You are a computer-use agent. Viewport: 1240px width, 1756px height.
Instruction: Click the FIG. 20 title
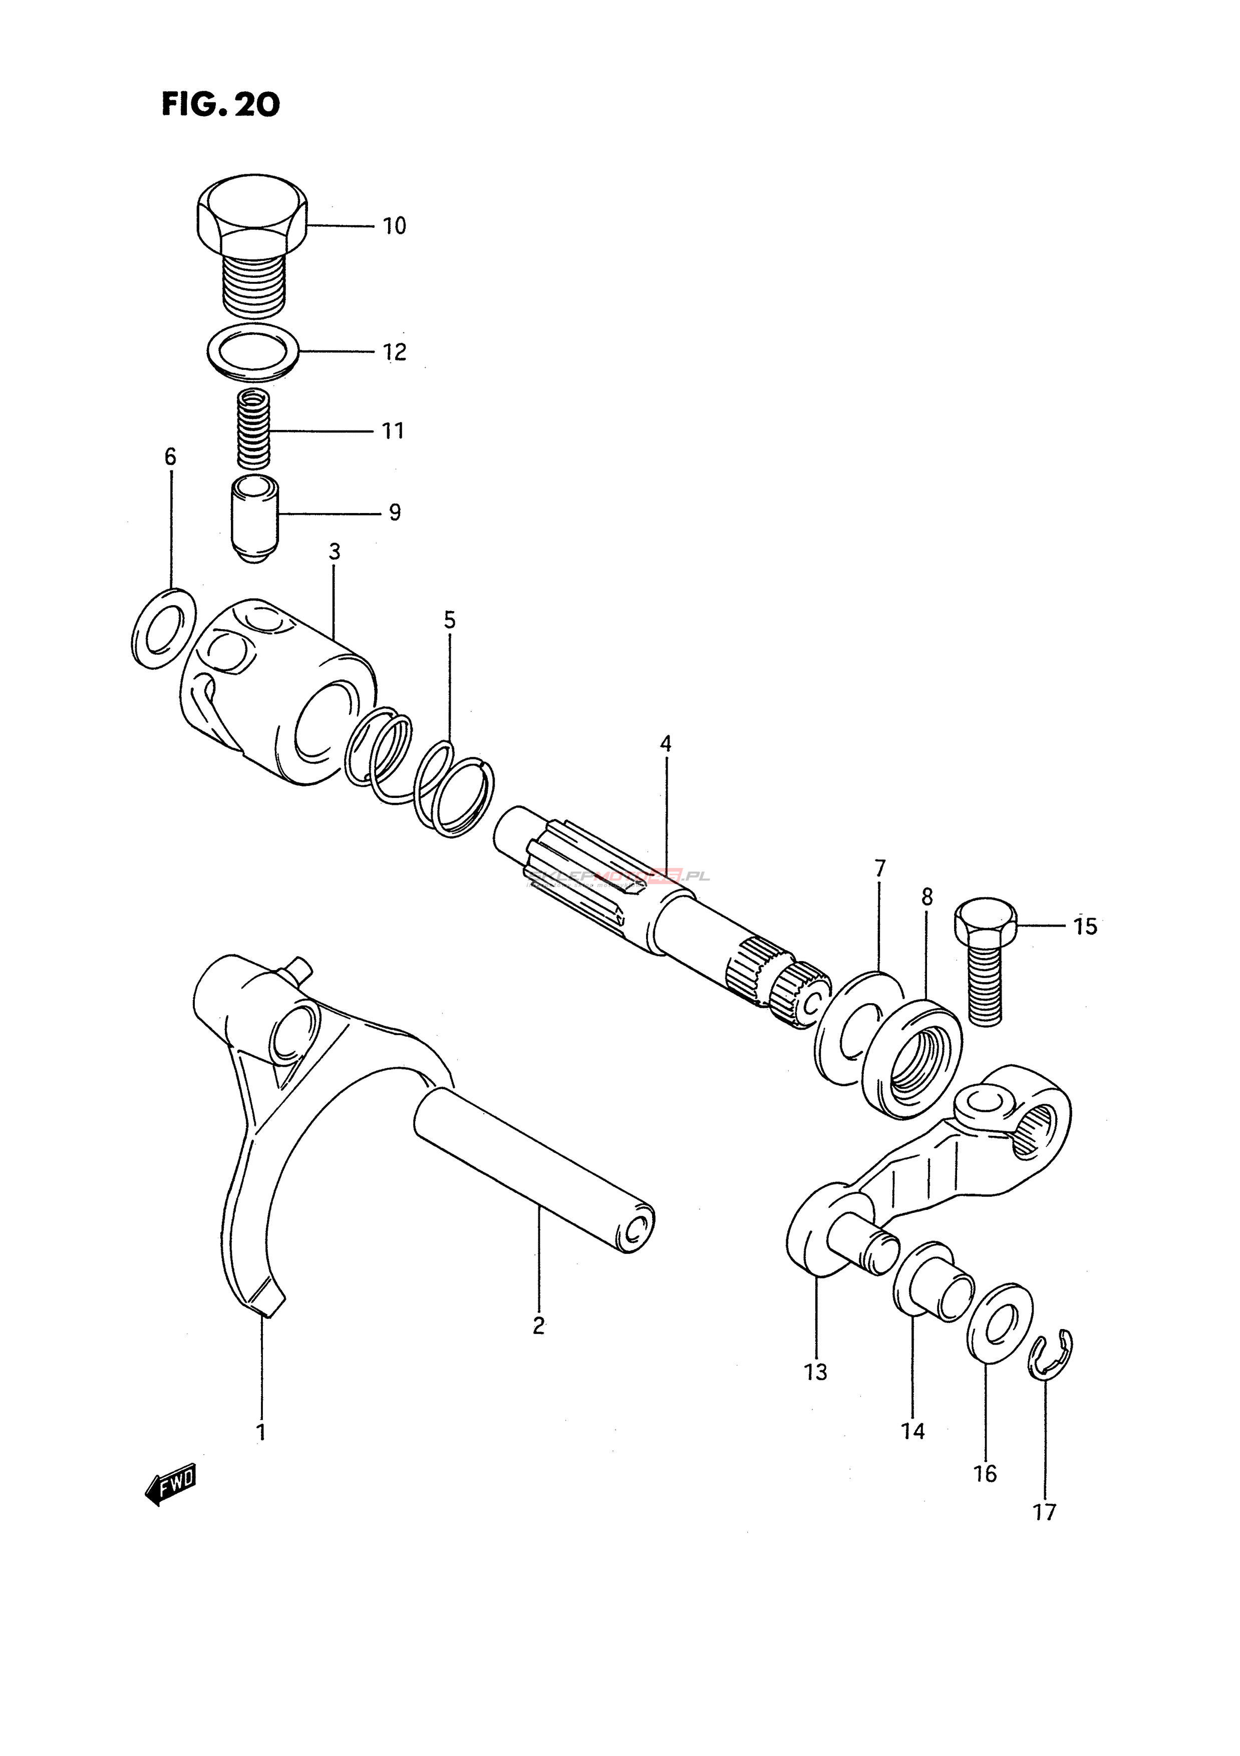(x=220, y=105)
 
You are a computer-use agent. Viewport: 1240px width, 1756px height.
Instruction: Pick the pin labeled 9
(x=255, y=519)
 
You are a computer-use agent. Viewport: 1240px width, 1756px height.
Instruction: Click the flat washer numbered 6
(x=163, y=629)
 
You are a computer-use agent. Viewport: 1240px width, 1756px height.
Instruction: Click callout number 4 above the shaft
(x=666, y=743)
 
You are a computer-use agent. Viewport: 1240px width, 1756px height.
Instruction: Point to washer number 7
(x=857, y=1026)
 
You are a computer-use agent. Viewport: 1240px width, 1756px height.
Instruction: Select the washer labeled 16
(x=1000, y=1324)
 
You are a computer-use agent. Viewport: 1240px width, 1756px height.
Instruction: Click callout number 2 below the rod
(x=538, y=1326)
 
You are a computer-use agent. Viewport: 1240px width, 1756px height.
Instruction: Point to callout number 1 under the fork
(x=261, y=1432)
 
